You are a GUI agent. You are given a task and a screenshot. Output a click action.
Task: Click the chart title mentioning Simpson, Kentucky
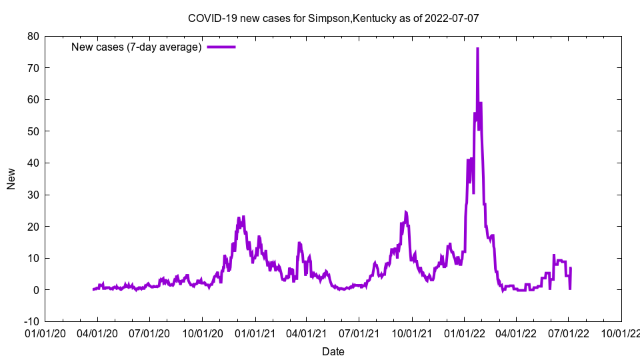click(333, 18)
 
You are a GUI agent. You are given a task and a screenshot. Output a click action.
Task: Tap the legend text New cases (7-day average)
click(136, 47)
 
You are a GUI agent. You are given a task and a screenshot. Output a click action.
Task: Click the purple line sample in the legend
click(221, 47)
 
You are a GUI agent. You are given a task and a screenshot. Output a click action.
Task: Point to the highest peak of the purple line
click(477, 49)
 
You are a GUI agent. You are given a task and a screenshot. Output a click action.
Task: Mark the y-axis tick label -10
click(31, 321)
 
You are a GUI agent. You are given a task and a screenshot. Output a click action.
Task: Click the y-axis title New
click(11, 179)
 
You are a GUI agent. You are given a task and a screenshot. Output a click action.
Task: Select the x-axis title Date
click(333, 351)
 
